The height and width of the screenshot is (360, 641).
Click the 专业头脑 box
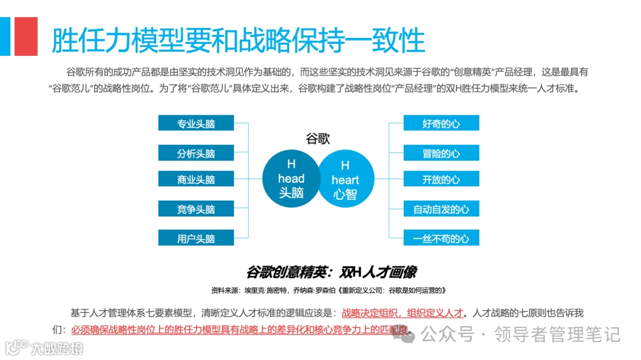(x=196, y=123)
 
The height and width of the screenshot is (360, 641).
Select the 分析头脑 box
(x=196, y=153)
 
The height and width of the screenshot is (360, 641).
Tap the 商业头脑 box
(x=196, y=179)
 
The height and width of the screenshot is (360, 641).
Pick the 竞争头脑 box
(x=196, y=209)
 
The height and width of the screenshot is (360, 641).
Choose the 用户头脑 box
(x=196, y=238)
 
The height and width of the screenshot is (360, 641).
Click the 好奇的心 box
(x=441, y=123)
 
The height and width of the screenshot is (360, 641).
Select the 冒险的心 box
(x=441, y=153)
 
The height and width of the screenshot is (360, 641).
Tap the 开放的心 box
(x=441, y=179)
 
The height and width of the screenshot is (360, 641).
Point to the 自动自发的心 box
(x=441, y=209)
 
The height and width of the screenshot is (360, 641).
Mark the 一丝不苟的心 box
(x=441, y=238)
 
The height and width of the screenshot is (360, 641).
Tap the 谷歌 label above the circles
(x=318, y=139)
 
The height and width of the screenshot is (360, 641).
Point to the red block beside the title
(x=26, y=36)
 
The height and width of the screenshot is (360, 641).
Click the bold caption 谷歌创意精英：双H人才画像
(x=331, y=272)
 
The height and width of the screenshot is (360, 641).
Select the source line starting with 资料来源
(x=328, y=291)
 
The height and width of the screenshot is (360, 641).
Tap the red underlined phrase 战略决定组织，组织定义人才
(x=402, y=313)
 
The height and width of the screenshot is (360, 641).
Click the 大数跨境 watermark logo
(x=44, y=347)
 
